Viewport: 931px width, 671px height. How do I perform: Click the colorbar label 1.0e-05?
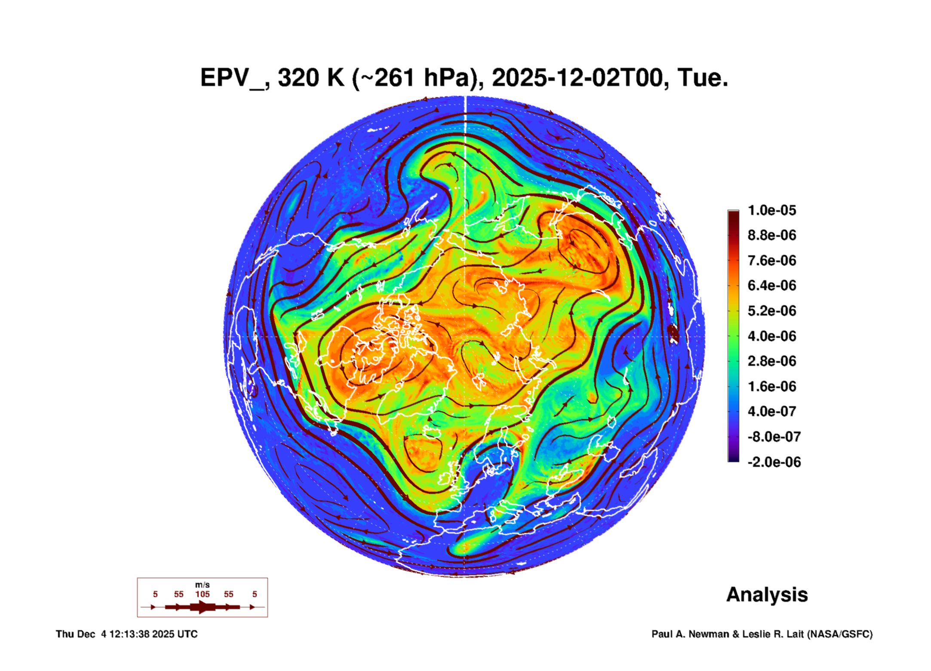pos(771,210)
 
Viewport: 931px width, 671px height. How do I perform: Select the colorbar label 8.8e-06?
pos(771,235)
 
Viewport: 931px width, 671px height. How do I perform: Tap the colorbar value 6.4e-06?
pos(771,285)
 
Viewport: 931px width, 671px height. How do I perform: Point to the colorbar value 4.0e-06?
pos(771,336)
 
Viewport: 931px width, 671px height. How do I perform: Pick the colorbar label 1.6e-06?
pos(771,386)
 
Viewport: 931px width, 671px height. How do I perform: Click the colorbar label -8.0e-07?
pos(774,437)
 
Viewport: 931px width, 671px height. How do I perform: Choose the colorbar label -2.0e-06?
pos(774,462)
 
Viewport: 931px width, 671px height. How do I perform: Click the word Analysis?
pos(767,594)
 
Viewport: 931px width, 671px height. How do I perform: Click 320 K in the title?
pos(311,78)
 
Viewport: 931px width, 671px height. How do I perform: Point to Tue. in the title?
pos(703,78)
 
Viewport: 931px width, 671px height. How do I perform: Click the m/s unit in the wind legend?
pos(202,585)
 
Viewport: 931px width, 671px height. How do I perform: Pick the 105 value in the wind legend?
pos(202,594)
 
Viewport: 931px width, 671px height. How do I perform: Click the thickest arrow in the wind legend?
pos(203,607)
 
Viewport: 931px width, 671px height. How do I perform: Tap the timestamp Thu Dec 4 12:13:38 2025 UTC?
pos(126,634)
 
